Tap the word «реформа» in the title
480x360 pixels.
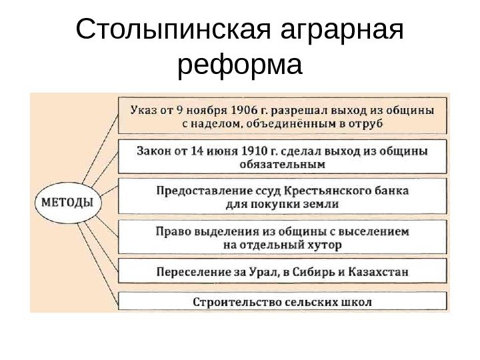(241, 66)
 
